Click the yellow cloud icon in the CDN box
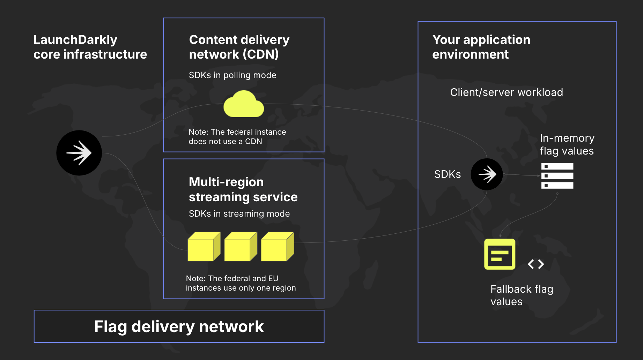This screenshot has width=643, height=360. (x=244, y=105)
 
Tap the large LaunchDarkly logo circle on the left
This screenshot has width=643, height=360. (x=79, y=153)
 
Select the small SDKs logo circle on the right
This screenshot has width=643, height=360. (x=487, y=174)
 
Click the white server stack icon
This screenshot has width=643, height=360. (x=557, y=176)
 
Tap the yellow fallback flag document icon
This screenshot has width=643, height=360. (x=500, y=254)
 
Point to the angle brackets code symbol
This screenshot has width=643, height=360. (x=536, y=264)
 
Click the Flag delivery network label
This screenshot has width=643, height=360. (x=179, y=327)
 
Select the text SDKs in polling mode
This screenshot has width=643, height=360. (x=232, y=75)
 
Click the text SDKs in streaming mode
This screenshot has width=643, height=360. (x=239, y=214)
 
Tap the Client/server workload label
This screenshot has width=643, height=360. (x=506, y=92)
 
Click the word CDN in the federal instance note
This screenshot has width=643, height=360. (x=253, y=142)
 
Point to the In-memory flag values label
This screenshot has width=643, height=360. (x=567, y=144)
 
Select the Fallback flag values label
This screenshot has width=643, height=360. (x=522, y=295)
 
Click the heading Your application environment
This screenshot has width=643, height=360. (x=481, y=47)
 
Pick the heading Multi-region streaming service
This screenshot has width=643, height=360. (x=243, y=189)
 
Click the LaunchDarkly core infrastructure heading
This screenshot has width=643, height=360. (x=90, y=47)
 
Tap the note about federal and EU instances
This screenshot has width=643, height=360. (x=241, y=283)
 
